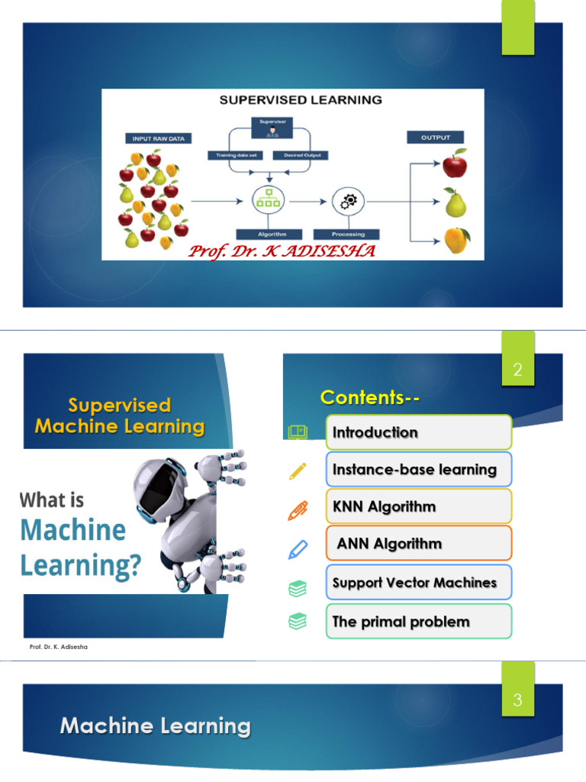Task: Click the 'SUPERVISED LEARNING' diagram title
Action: (301, 100)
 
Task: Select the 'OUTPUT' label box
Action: (436, 137)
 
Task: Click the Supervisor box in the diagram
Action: (272, 127)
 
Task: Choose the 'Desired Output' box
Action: (305, 156)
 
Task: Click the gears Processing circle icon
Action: (348, 202)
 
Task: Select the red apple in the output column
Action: (455, 163)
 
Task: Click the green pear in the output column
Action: (456, 202)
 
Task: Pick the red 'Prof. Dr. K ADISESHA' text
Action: (282, 250)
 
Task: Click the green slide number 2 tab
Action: (517, 370)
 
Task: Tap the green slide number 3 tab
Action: (517, 700)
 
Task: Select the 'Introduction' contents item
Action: (418, 432)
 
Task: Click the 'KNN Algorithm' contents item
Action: (418, 506)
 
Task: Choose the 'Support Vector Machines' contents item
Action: (418, 583)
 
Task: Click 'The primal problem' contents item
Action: (418, 622)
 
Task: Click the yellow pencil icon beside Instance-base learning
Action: (297, 470)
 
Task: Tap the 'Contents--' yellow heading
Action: (370, 397)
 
